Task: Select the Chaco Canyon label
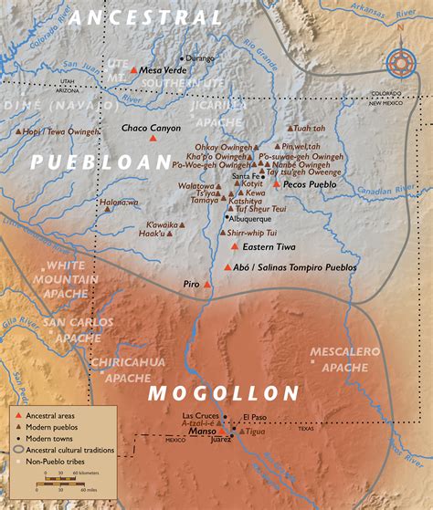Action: [x=151, y=129]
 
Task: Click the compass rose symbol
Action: [x=399, y=63]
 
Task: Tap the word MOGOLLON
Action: [x=224, y=393]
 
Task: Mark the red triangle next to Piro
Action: [x=207, y=285]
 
